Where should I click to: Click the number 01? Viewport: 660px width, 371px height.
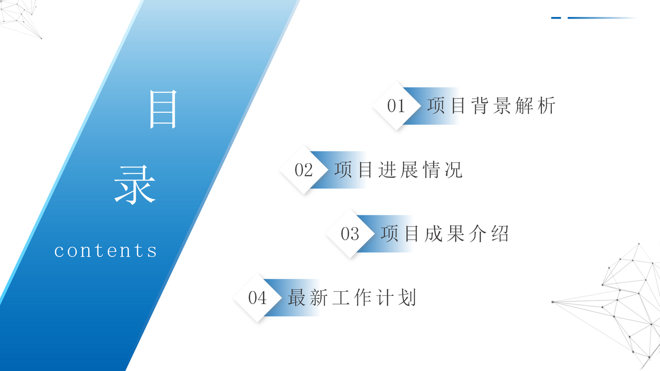click(x=396, y=106)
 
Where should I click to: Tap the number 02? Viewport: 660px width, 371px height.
click(x=304, y=170)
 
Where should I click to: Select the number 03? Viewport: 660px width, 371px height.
click(x=350, y=234)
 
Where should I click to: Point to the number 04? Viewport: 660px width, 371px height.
click(x=257, y=298)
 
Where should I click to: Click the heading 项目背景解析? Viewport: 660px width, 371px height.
click(x=491, y=106)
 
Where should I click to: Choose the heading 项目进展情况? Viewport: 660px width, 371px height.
click(x=399, y=170)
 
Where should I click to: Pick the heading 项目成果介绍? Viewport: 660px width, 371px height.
click(x=445, y=234)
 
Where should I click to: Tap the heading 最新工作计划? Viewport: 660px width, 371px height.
click(x=352, y=298)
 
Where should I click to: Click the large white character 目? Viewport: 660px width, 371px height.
click(x=163, y=109)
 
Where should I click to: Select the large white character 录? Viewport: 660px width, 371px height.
click(x=135, y=184)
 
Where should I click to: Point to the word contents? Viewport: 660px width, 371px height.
click(x=106, y=251)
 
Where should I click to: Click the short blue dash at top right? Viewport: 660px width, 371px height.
click(x=556, y=18)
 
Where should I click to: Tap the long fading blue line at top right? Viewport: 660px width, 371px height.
click(x=601, y=18)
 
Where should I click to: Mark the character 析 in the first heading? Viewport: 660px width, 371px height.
click(x=547, y=106)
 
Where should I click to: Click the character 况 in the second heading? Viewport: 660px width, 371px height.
click(x=454, y=170)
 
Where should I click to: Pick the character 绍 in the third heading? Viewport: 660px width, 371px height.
click(x=500, y=234)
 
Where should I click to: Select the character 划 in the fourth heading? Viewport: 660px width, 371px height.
click(x=407, y=298)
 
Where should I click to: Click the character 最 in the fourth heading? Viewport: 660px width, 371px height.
click(x=297, y=298)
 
